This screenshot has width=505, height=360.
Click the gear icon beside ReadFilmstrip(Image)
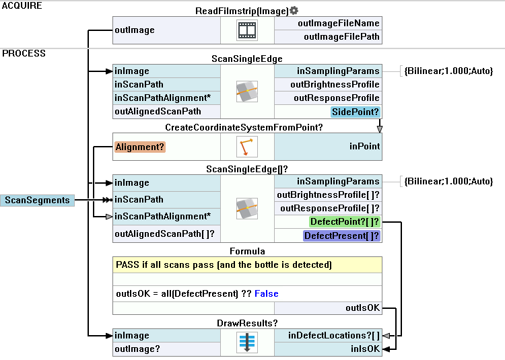point(294,11)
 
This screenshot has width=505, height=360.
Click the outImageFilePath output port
point(341,37)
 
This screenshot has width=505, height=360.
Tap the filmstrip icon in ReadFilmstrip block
point(247,30)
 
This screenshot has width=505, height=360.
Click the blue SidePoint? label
point(355,112)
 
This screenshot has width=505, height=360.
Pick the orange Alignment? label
point(140,146)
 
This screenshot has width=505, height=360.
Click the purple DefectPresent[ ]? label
point(341,236)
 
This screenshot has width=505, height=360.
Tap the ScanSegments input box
point(37,200)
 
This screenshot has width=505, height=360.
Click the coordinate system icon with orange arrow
point(247,146)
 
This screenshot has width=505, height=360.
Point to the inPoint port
point(364,146)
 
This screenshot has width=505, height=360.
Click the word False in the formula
point(266,294)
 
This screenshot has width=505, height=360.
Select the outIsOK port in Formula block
point(363,308)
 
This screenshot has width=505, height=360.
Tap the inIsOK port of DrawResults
point(365,349)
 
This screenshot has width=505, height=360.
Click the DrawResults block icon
point(247,342)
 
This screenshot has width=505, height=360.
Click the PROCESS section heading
point(24,53)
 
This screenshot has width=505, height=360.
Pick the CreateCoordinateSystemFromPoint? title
point(246,127)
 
